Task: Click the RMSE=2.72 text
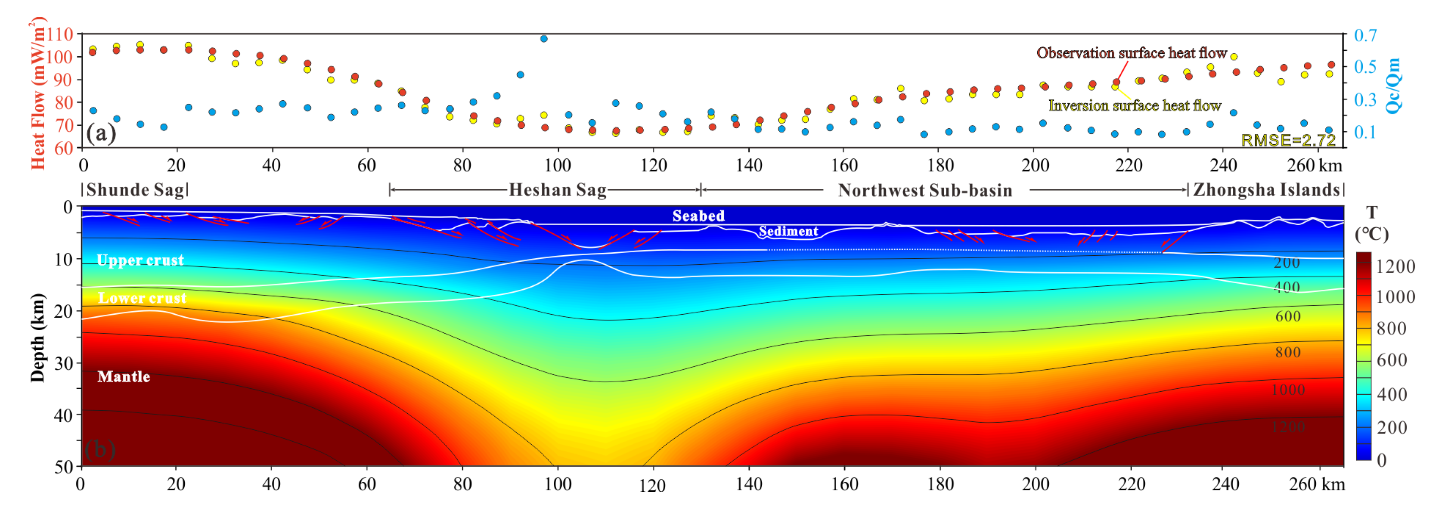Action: (x=1287, y=139)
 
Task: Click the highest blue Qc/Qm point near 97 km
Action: (x=543, y=39)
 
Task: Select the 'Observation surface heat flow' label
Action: (x=1132, y=53)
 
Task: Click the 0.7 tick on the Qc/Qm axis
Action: (x=1365, y=35)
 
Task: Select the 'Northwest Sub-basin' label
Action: (x=924, y=190)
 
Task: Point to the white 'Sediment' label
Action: (x=788, y=231)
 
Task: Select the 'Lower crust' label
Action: (x=142, y=298)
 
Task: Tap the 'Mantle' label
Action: (x=124, y=376)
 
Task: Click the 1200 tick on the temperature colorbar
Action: (x=1395, y=266)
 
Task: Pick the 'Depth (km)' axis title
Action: (x=37, y=337)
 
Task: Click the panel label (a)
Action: (x=101, y=133)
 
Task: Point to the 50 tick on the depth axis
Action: (x=63, y=466)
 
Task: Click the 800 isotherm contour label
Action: (x=1287, y=352)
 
